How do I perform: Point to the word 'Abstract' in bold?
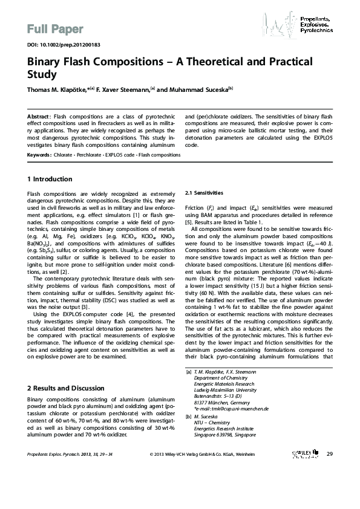pyautogui.click(x=39, y=115)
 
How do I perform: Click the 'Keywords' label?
pyautogui.click(x=39, y=155)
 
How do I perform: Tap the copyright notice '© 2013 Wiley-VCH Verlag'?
pyautogui.click(x=201, y=487)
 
